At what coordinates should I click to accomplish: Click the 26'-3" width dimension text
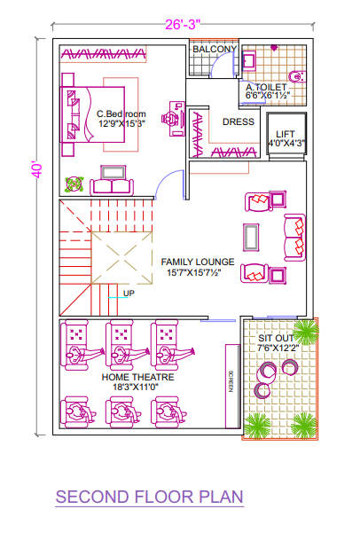[x=183, y=25]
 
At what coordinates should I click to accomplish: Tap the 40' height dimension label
[x=36, y=170]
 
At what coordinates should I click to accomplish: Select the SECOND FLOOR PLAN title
[x=149, y=497]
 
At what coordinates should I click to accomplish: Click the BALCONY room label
[x=215, y=49]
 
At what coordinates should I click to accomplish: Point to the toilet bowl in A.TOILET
[x=297, y=76]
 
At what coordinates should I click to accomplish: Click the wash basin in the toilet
[x=249, y=60]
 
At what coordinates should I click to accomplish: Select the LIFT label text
[x=286, y=134]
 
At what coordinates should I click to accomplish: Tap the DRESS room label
[x=239, y=121]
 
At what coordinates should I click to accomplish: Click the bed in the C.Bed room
[x=92, y=114]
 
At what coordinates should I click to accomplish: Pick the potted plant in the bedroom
[x=74, y=184]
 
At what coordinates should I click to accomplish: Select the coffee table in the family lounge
[x=251, y=237]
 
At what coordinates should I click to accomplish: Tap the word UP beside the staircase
[x=129, y=294]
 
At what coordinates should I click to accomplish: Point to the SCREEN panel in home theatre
[x=232, y=386]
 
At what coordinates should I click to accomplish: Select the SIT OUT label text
[x=276, y=338]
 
